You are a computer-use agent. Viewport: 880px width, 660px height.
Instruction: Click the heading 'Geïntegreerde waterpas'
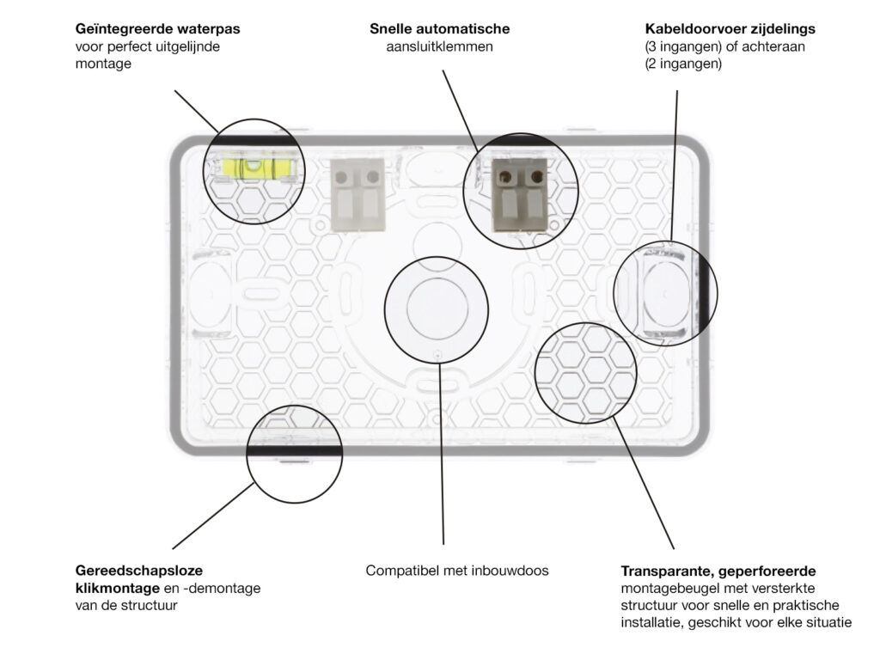coord(158,28)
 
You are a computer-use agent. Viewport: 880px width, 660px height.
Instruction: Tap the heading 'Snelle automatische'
coord(439,28)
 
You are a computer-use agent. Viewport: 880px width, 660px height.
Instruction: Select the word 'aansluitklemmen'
coord(439,46)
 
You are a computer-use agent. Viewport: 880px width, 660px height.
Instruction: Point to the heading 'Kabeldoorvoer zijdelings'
coord(730,28)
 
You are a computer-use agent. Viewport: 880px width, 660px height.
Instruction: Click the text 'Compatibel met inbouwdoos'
coord(457,571)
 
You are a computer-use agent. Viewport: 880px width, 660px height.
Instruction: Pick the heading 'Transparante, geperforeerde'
coord(718,571)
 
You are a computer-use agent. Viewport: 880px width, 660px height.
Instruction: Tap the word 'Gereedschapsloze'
coord(139,571)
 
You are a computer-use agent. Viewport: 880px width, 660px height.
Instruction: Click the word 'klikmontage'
coord(117,588)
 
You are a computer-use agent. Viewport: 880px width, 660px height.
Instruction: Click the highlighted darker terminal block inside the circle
coord(519,195)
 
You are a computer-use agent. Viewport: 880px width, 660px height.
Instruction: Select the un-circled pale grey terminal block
coord(357,195)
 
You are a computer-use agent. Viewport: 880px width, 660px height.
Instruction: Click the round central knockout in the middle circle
coord(437,309)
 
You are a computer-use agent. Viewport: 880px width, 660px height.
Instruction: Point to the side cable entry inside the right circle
coord(666,294)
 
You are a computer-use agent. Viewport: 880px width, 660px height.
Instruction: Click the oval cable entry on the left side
coord(211,294)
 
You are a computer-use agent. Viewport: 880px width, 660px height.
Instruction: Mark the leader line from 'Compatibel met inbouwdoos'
coord(442,454)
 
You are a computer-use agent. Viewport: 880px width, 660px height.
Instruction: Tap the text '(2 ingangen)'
coord(683,64)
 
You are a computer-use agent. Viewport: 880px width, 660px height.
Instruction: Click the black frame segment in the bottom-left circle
coord(294,450)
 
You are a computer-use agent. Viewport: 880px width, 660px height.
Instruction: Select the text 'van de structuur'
coord(126,606)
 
